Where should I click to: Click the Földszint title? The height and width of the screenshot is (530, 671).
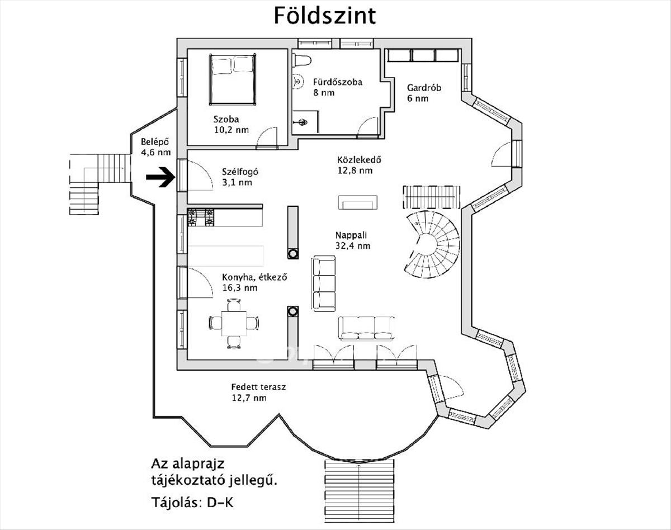pyautogui.click(x=325, y=16)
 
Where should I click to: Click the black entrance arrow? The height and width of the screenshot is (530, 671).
pyautogui.click(x=160, y=177)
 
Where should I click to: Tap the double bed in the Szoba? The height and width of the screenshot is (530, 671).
pyautogui.click(x=233, y=79)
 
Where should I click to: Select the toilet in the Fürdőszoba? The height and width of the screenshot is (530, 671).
pyautogui.click(x=302, y=60)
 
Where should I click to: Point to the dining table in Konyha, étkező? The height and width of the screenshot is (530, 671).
pyautogui.click(x=234, y=323)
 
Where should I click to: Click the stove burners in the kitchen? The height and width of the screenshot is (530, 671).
pyautogui.click(x=201, y=217)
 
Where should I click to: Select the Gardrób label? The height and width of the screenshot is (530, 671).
pyautogui.click(x=424, y=88)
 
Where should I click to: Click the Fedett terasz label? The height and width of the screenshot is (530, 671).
pyautogui.click(x=258, y=387)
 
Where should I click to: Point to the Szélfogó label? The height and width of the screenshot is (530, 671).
pyautogui.click(x=240, y=172)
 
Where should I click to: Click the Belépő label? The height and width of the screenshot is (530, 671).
pyautogui.click(x=155, y=141)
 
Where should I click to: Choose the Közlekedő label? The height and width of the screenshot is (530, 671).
pyautogui.click(x=359, y=160)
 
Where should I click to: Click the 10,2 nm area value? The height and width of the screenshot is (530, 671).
pyautogui.click(x=231, y=130)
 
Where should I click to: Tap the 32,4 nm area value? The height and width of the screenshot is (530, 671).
pyautogui.click(x=353, y=245)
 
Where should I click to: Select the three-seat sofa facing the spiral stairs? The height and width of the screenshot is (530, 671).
pyautogui.click(x=324, y=283)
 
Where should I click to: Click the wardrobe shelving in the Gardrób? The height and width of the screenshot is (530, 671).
pyautogui.click(x=423, y=55)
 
